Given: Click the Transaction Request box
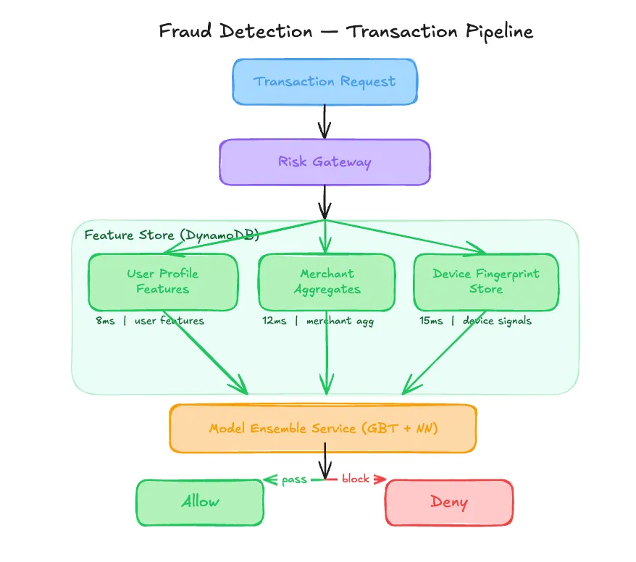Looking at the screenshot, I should tap(324, 81).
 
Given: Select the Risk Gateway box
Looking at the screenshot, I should tap(325, 162).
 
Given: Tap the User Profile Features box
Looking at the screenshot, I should tap(162, 282).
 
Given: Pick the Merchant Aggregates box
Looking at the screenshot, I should tap(327, 282).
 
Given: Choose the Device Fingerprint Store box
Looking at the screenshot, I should tap(485, 282).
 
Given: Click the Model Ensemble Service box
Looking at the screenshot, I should tap(323, 428).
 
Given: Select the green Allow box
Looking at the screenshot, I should tap(200, 502).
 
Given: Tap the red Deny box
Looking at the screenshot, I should tap(448, 502).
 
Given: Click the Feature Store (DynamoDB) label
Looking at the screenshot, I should tap(172, 235).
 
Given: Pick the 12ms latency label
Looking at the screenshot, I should tap(274, 321).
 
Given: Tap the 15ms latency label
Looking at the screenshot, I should tap(431, 321).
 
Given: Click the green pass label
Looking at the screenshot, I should tap(295, 479).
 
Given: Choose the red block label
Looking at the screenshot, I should tap(356, 479).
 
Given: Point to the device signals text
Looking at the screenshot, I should tap(497, 321).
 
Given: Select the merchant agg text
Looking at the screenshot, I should tap(340, 321).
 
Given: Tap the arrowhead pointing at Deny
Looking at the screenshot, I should tap(381, 479).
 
